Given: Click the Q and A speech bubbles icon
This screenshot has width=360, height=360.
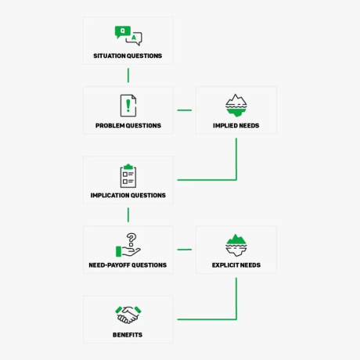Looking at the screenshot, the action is coord(128,36).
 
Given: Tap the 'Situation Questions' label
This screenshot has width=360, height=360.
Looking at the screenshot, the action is coord(128,56).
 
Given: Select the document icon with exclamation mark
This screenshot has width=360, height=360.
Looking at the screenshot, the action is coord(128,106).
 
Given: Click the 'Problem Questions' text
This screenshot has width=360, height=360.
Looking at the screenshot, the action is coord(128,125).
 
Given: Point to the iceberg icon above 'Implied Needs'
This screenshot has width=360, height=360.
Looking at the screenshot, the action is coord(236,105).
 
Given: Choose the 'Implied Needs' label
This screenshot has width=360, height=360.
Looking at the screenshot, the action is coord(236,125).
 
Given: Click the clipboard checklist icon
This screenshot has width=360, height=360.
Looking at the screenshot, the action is coord(128,175).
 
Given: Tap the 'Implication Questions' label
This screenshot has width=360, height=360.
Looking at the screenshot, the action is coord(128,196).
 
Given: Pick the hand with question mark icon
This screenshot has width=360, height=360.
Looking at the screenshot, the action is coord(128,245).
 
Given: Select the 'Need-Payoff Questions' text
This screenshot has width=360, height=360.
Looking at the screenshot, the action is coord(128,265).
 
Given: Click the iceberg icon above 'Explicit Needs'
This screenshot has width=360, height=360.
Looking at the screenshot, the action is coord(236,245).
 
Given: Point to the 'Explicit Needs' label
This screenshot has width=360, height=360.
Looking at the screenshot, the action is coord(236,265).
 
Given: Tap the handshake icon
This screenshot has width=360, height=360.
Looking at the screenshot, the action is coord(128,315).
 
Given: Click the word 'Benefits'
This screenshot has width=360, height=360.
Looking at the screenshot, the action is coord(128,335).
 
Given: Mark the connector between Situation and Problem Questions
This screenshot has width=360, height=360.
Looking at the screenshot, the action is coord(128,75).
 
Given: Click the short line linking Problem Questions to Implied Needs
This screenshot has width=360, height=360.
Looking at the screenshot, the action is coord(185,110).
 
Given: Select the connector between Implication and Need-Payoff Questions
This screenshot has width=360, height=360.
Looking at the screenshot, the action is coord(128,215).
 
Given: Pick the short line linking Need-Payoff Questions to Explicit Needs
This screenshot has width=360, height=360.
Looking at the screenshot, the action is coord(185,250).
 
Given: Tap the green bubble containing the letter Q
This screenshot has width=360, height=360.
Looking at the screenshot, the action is coord(122,32).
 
